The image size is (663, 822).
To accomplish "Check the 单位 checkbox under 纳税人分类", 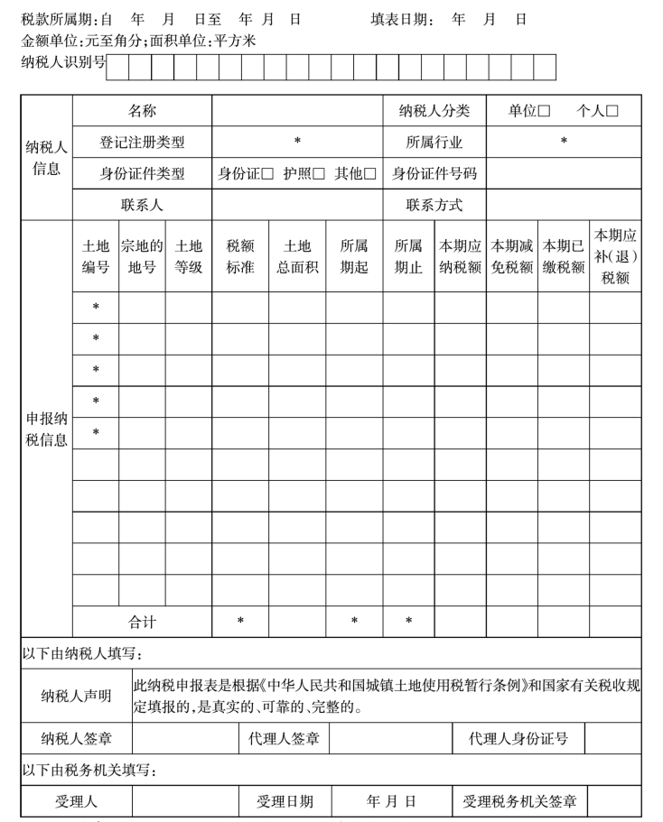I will coord(544,111).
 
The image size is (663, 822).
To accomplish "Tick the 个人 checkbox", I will coord(612,111).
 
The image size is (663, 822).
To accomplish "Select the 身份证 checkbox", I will coord(266,174).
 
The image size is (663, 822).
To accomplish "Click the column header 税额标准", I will coord(240,256).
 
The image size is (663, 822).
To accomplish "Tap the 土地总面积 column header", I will coord(297,256).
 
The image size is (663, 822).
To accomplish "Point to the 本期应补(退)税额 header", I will coord(615,256).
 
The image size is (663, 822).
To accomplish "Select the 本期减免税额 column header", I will coord(512,256).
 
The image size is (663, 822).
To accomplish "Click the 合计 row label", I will coord(142,622).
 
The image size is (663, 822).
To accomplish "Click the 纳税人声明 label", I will coord(77,696).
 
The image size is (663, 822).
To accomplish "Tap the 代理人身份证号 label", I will coord(518,739).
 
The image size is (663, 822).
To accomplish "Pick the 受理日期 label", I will coord(285,801).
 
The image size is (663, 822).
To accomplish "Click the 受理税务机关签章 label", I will coord(519,801).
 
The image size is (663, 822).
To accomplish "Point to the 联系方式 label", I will coord(434,205).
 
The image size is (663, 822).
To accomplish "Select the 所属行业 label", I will coord(434,143).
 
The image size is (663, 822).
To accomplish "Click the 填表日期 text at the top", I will coord(402,19).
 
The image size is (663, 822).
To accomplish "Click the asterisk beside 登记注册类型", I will coord(297,143).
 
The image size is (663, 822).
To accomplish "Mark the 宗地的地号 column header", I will coord(142,256).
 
